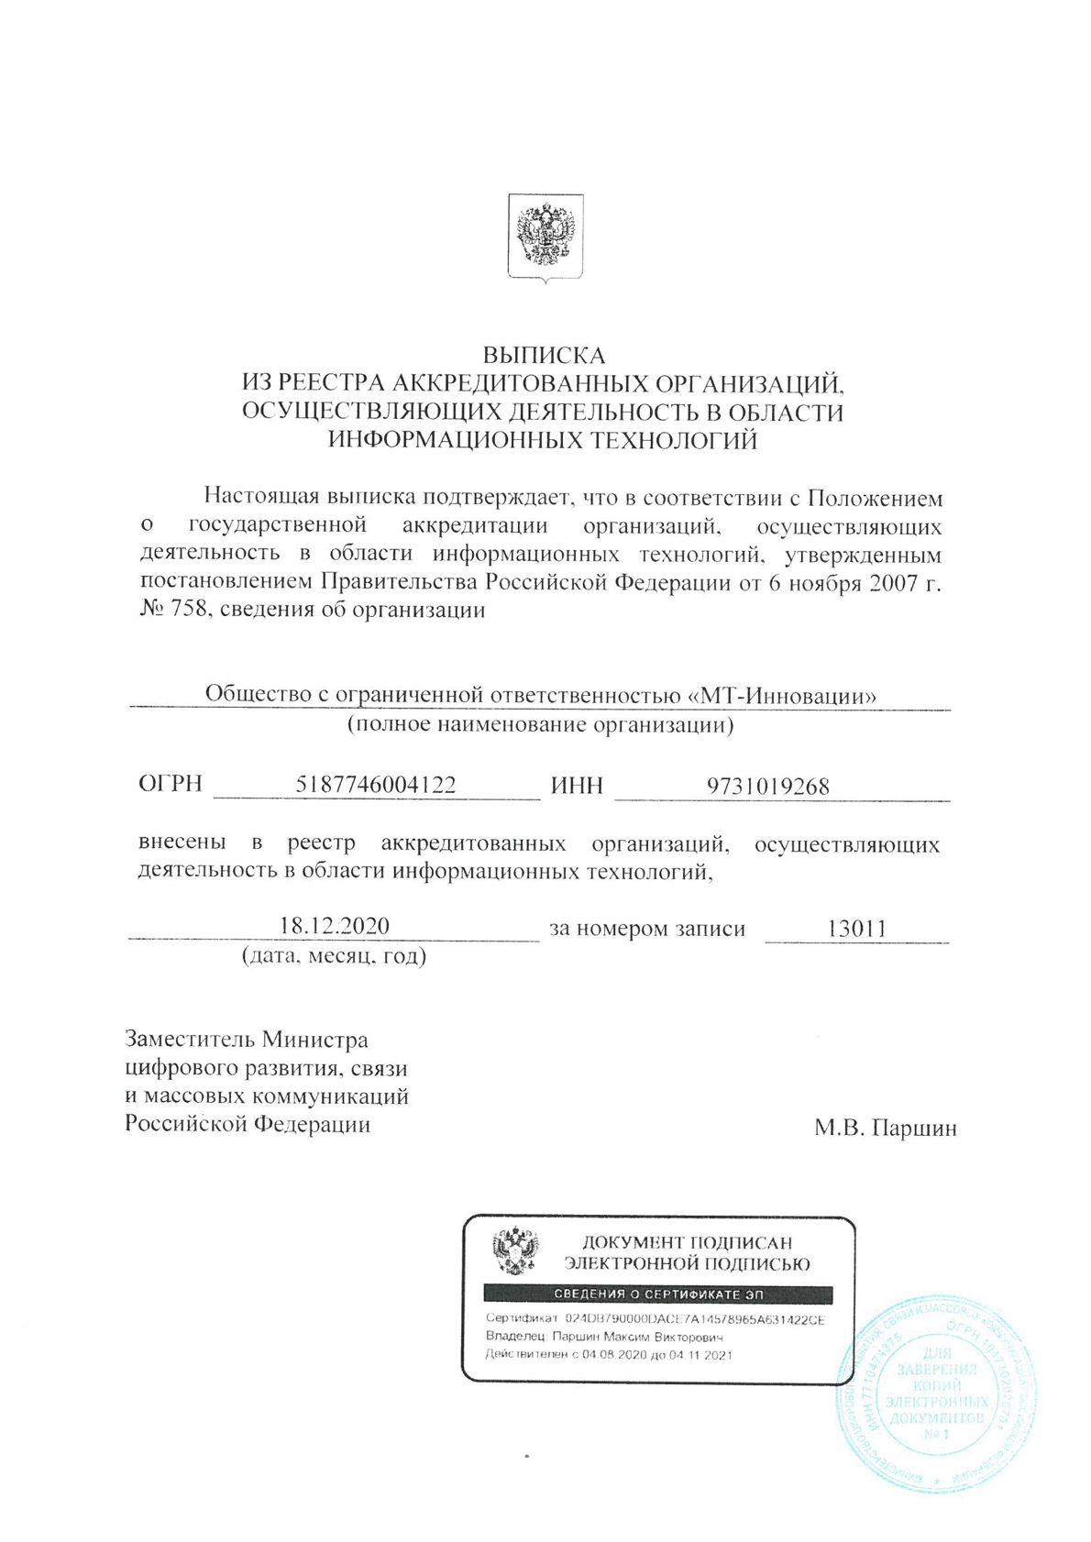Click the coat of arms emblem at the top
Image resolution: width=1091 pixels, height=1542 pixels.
(x=545, y=237)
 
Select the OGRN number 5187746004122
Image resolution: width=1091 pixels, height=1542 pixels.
(x=376, y=786)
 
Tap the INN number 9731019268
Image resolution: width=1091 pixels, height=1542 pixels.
(x=767, y=787)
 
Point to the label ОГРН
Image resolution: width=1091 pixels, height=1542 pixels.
(x=171, y=785)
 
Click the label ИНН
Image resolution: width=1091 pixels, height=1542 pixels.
(x=577, y=787)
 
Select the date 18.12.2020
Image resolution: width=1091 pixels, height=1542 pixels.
(x=335, y=926)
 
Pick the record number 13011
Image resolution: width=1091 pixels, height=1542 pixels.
(x=856, y=929)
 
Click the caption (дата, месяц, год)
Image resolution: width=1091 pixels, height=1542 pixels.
(x=334, y=956)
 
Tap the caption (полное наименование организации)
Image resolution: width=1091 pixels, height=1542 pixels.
(x=540, y=725)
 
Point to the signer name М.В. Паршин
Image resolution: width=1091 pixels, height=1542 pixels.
(x=885, y=1128)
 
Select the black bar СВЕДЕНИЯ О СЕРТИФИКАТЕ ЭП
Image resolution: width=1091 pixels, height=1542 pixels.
(x=658, y=1294)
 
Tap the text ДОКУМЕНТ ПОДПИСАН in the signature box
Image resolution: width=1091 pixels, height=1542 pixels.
(x=687, y=1243)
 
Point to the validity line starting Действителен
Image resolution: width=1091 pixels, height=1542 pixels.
(x=609, y=1354)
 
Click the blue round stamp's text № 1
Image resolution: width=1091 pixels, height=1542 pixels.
(x=936, y=1434)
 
